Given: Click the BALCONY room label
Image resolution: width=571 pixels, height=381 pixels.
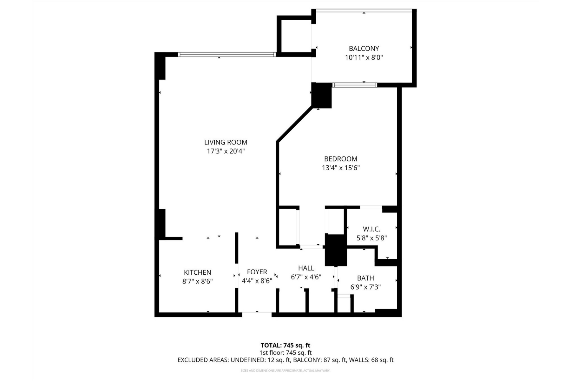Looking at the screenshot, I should tap(364, 49).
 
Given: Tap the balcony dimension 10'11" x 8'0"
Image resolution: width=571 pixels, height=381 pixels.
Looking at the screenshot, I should tap(364, 58).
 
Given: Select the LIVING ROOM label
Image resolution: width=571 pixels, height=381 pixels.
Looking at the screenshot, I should tap(226, 142).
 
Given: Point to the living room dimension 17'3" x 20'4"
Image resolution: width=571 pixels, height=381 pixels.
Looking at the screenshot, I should tap(226, 151).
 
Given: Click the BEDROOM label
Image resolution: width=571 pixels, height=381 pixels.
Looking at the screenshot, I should tap(341, 159).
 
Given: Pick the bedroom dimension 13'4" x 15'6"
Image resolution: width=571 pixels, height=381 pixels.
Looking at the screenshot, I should tap(341, 168).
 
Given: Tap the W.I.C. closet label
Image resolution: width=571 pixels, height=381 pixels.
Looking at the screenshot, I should tap(371, 229).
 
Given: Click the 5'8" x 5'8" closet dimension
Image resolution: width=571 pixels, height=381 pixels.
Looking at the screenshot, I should tap(371, 238).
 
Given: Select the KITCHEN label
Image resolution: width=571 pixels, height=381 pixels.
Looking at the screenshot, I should tap(197, 272).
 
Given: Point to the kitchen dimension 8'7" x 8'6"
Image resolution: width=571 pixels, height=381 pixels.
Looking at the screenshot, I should tap(197, 281).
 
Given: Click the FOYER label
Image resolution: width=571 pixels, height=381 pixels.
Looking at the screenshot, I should tap(257, 272).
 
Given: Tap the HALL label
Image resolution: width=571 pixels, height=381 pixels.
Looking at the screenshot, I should tap(306, 268).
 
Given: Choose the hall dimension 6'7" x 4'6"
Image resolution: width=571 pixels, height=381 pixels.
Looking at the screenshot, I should tap(306, 277).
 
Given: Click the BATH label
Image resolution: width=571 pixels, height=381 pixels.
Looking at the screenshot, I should tap(365, 278).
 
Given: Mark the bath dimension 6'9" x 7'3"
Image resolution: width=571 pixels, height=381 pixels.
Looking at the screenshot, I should tap(365, 287).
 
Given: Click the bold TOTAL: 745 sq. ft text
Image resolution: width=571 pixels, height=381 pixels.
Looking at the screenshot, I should tap(285, 345).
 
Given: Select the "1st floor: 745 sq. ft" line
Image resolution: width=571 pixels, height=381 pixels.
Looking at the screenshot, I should tap(285, 353).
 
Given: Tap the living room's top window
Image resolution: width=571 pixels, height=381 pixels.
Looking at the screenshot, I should tap(226, 55).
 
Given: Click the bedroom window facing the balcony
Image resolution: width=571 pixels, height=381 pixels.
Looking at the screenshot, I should tap(354, 85).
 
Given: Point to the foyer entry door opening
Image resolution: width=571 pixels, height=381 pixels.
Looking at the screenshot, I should tap(257, 314).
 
